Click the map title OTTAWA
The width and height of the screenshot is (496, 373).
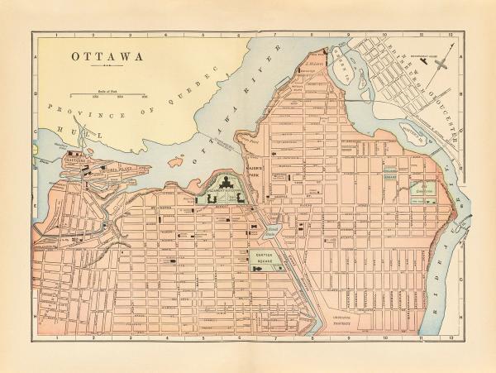(x=106, y=57)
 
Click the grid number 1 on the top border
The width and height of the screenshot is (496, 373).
(x=55, y=36)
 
